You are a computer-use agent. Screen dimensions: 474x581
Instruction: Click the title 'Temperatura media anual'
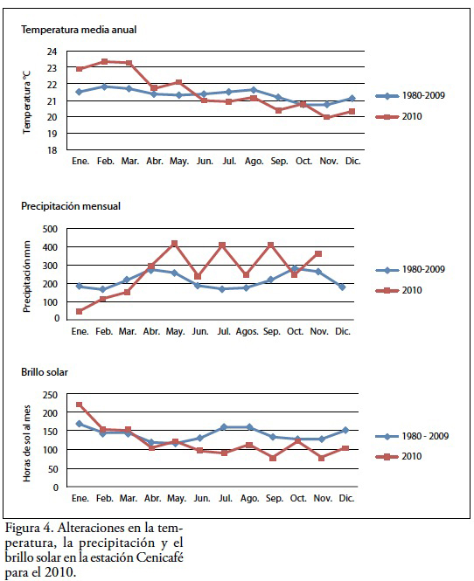point(79,30)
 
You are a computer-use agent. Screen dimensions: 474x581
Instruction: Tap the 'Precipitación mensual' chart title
point(71,206)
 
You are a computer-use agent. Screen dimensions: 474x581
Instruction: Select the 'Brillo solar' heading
point(45,372)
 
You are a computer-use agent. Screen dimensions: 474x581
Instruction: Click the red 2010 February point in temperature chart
point(104,61)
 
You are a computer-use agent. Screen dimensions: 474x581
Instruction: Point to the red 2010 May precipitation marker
point(174,244)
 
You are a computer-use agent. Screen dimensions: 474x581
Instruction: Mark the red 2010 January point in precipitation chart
point(79,311)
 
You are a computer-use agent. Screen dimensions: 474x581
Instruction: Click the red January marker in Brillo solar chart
point(79,405)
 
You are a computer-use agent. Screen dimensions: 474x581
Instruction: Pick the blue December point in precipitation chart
point(342,287)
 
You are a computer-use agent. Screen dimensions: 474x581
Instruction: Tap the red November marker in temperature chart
point(327,117)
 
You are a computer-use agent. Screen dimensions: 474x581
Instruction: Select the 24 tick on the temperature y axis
point(52,52)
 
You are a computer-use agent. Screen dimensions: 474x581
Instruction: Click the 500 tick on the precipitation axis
point(50,229)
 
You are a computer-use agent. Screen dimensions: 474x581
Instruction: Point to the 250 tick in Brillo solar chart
point(50,395)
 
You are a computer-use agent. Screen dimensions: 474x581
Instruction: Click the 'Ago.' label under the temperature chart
point(254,161)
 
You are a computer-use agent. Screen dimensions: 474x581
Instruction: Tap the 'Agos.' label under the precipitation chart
point(247,331)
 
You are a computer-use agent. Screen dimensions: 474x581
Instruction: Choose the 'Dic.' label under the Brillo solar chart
point(346,498)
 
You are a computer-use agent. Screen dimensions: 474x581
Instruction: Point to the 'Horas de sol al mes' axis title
point(27,443)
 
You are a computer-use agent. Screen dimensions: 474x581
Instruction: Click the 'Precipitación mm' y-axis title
point(27,276)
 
